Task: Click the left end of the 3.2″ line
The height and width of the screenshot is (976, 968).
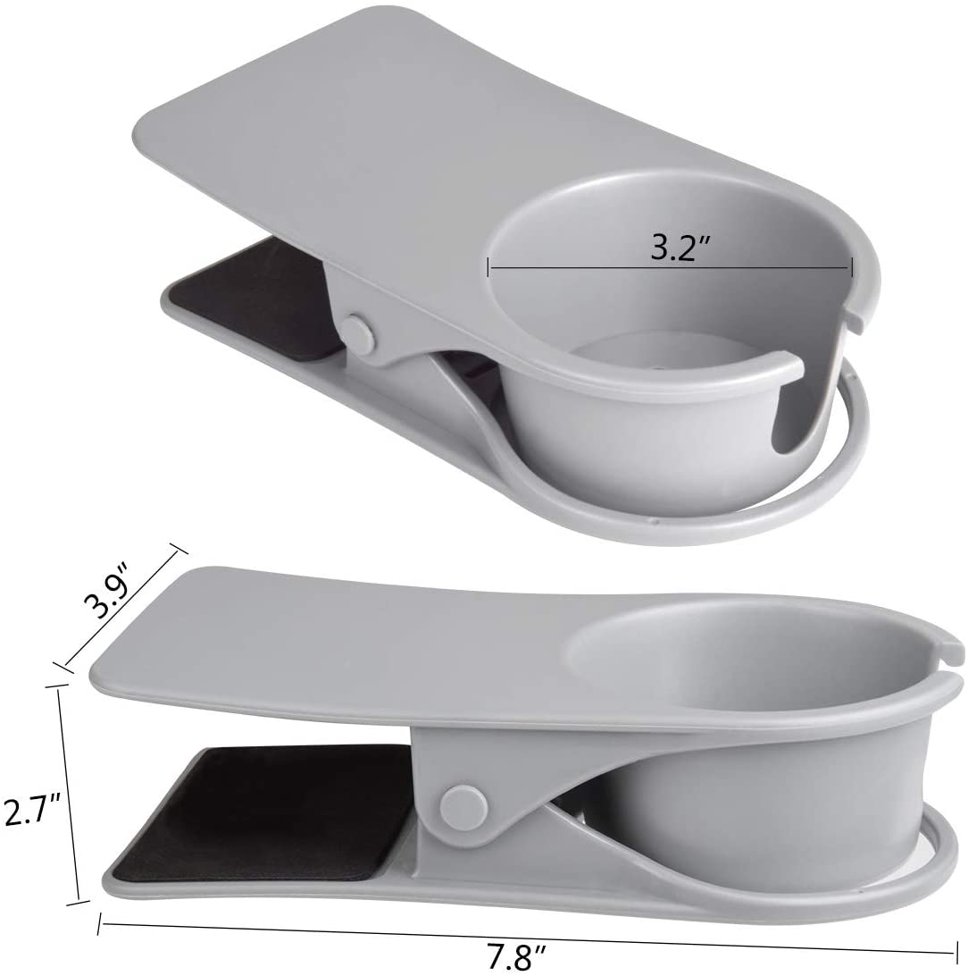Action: (x=488, y=265)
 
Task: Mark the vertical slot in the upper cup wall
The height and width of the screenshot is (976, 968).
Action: (x=782, y=407)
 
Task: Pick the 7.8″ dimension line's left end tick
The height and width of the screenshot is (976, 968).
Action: (x=100, y=921)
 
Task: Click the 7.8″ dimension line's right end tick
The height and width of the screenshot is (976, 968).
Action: (x=955, y=952)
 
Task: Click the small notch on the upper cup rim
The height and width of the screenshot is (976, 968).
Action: (x=857, y=323)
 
